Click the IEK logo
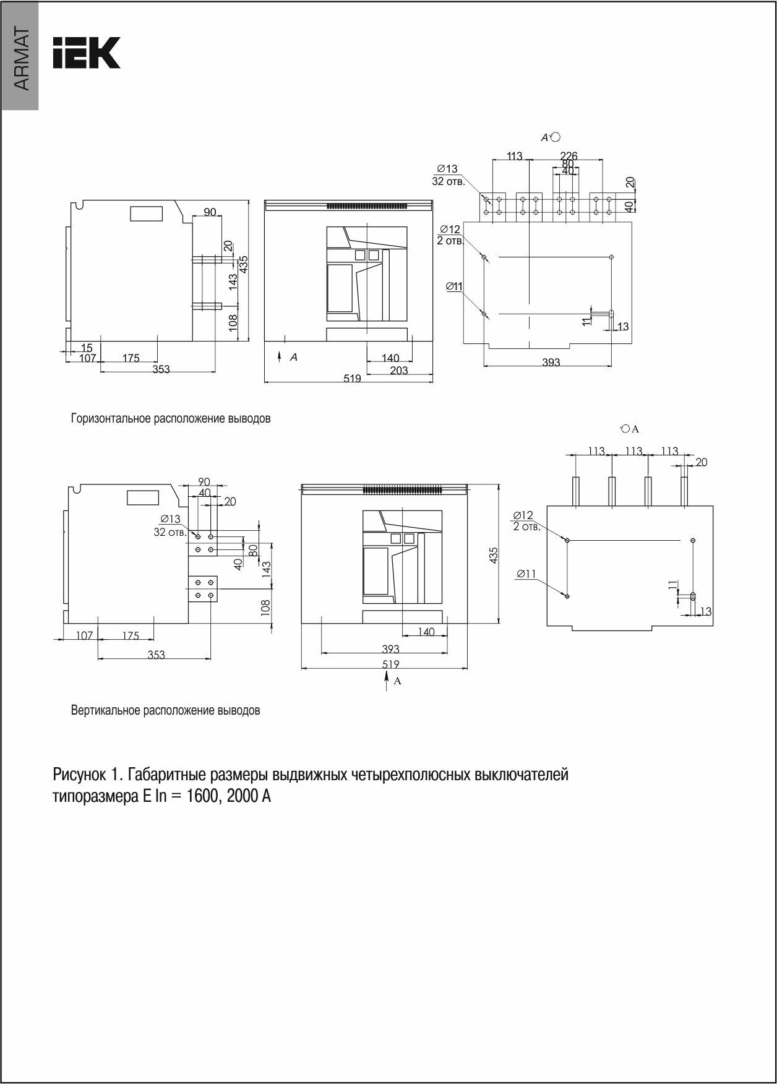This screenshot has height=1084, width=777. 86,53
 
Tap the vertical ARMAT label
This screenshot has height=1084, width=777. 20,59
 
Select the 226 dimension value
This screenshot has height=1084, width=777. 569,156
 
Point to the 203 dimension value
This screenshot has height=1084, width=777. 399,370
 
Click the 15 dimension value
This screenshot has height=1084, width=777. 87,348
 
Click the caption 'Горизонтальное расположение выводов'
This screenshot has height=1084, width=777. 171,418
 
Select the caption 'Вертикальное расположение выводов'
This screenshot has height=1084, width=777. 165,710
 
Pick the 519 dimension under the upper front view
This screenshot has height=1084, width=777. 352,379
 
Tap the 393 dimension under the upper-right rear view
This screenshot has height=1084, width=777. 551,363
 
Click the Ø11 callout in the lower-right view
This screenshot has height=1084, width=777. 526,574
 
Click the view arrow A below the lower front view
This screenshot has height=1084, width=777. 387,681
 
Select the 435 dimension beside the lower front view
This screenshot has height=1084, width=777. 494,556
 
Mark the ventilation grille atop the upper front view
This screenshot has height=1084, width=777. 367,205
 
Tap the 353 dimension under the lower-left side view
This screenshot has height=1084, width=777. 156,655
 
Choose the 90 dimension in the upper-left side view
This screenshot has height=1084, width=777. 210,212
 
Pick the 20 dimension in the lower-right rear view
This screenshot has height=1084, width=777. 702,462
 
